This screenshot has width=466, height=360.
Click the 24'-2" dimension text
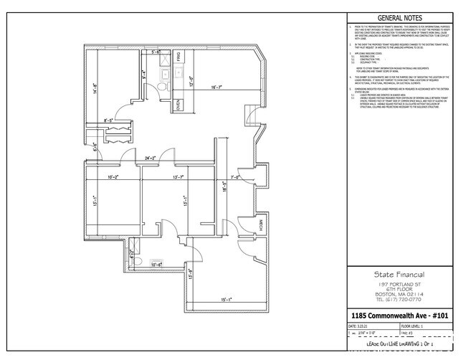click(151, 158)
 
